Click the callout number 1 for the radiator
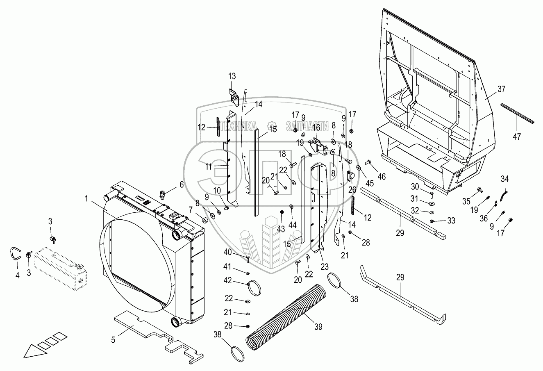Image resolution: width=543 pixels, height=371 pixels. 86,198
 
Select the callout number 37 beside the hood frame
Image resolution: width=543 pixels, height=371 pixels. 502,89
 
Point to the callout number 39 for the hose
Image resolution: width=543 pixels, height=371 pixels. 318,327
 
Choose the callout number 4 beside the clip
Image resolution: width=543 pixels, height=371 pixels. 17,276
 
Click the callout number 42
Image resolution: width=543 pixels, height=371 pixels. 227,281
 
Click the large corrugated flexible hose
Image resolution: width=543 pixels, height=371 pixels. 287,316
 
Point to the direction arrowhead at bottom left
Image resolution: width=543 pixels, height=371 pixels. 31,352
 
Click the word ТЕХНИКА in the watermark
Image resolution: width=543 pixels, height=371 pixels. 238,125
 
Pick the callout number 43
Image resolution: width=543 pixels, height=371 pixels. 281,228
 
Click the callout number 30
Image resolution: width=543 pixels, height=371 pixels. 415,187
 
